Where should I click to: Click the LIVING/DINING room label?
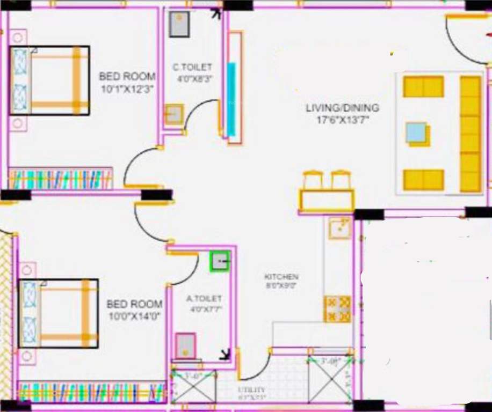[342, 108]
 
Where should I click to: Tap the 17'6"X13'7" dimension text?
[342, 119]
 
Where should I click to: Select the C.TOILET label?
[192, 68]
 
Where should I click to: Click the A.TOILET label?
[204, 299]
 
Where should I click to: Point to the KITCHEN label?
[281, 277]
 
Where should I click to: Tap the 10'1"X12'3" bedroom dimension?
[127, 89]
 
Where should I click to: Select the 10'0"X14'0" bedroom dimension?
[134, 317]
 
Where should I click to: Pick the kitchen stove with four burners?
[337, 309]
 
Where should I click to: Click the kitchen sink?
[339, 229]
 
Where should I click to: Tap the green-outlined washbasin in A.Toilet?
[220, 261]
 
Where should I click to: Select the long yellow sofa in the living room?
[471, 134]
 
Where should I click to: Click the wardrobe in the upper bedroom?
[60, 179]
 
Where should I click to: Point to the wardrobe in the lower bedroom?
[91, 392]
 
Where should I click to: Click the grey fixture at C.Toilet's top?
[179, 24]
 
